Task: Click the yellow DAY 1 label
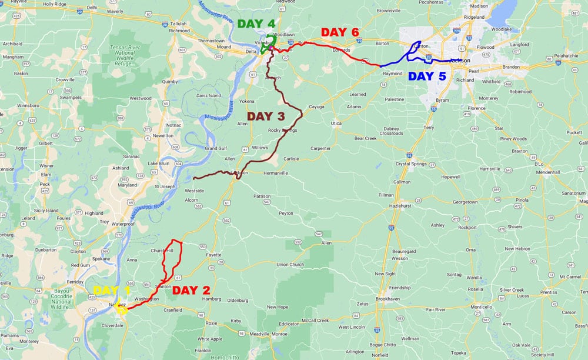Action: click(x=111, y=290)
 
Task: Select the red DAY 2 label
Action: click(x=191, y=290)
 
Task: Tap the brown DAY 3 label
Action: click(x=266, y=116)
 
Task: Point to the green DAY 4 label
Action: click(x=256, y=24)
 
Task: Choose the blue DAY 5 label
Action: click(x=427, y=76)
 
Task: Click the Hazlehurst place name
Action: click(x=402, y=206)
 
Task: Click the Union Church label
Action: click(x=289, y=264)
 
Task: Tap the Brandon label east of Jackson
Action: click(x=510, y=67)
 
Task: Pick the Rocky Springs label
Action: click(x=282, y=130)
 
